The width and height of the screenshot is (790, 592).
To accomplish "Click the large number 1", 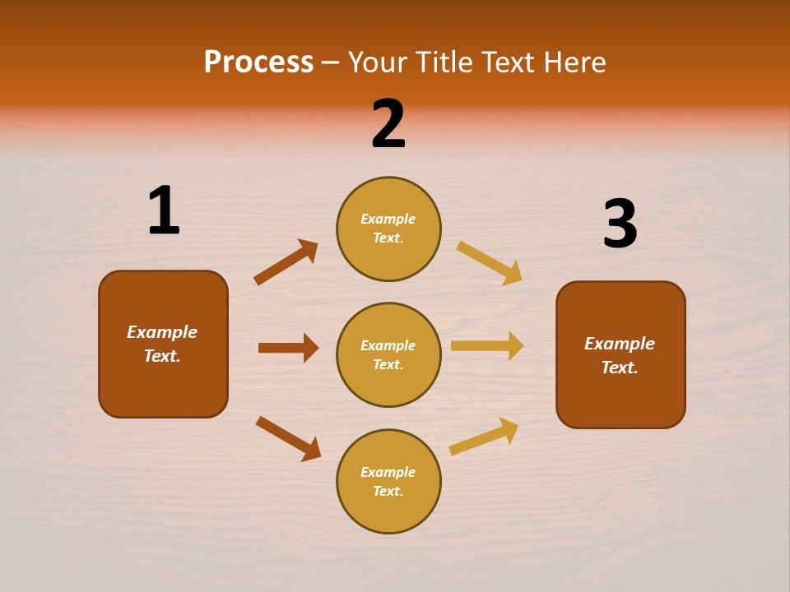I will (164, 210).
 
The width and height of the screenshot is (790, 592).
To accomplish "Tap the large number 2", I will (388, 124).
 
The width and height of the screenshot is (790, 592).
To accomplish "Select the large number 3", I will (620, 224).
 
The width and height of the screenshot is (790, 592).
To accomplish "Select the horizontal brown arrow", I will (288, 348).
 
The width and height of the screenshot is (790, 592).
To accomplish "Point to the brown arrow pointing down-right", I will (288, 438).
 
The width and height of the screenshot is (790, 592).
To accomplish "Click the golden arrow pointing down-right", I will (489, 263).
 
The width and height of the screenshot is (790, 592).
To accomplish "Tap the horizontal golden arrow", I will (487, 345).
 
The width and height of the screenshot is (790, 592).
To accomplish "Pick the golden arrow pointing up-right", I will (484, 436).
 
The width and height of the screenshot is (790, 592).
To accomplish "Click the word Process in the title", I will (258, 62).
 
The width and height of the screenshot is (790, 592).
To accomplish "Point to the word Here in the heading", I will (573, 62).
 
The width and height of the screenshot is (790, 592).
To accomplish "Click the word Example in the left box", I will (162, 332).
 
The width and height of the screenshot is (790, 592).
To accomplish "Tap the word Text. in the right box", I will (620, 368).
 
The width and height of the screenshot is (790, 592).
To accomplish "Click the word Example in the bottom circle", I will (388, 472).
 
